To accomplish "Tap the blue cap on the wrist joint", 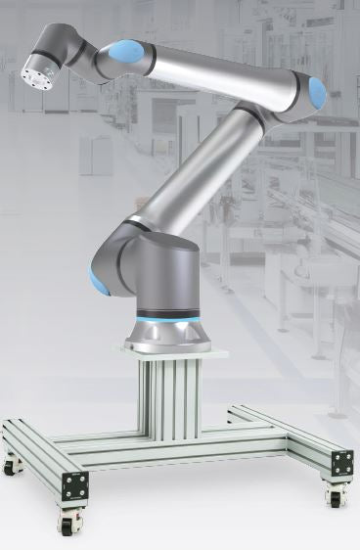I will (127, 50).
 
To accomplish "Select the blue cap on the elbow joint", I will (316, 93).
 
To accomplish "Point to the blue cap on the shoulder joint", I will (99, 283).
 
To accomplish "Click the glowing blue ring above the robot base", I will (169, 320).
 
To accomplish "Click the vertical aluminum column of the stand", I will (172, 396).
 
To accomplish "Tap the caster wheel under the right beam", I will (334, 494).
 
